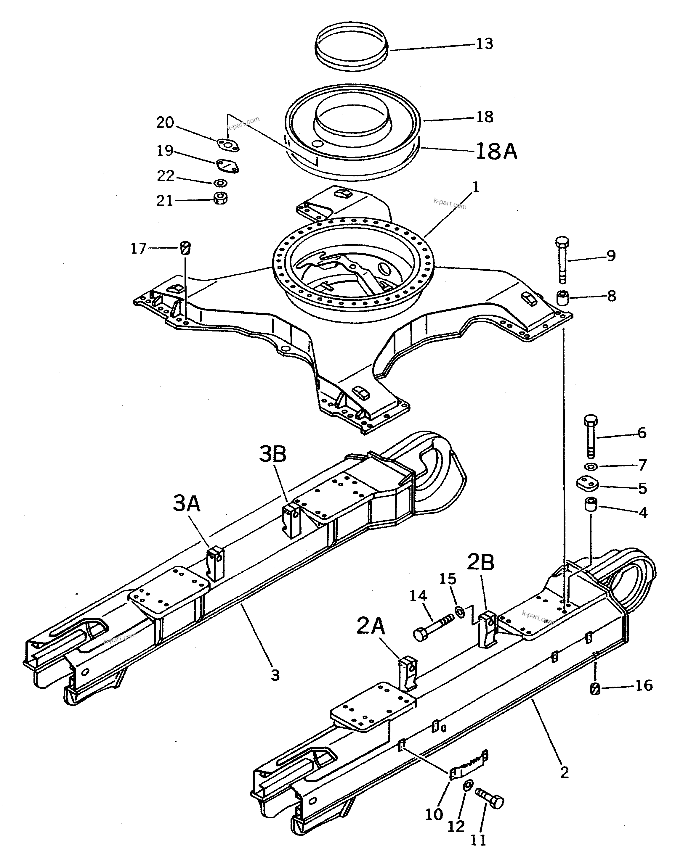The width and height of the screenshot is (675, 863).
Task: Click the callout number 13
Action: [x=484, y=44]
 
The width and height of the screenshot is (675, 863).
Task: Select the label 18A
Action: [x=496, y=151]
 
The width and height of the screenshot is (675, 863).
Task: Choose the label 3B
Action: [x=273, y=454]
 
